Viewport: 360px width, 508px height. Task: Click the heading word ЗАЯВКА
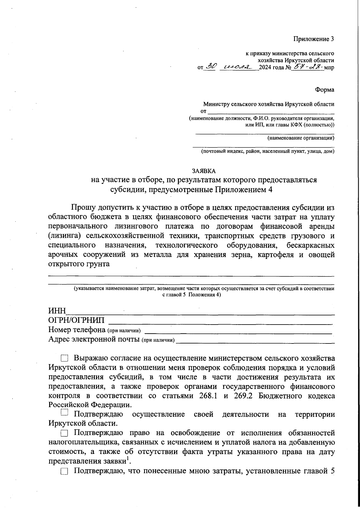click(x=204, y=171)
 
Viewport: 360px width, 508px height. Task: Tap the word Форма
click(x=325, y=90)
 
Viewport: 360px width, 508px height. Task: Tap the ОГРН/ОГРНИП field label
click(x=76, y=320)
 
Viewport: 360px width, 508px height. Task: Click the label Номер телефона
click(x=76, y=330)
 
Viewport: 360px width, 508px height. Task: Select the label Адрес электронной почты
click(x=94, y=340)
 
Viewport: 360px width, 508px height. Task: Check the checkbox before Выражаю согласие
click(x=64, y=358)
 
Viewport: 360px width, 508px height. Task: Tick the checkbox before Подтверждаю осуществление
click(x=64, y=414)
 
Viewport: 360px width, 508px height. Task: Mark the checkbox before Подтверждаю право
click(x=64, y=433)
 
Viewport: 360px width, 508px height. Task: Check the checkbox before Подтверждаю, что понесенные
click(x=64, y=472)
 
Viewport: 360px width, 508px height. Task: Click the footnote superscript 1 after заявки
click(x=128, y=458)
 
